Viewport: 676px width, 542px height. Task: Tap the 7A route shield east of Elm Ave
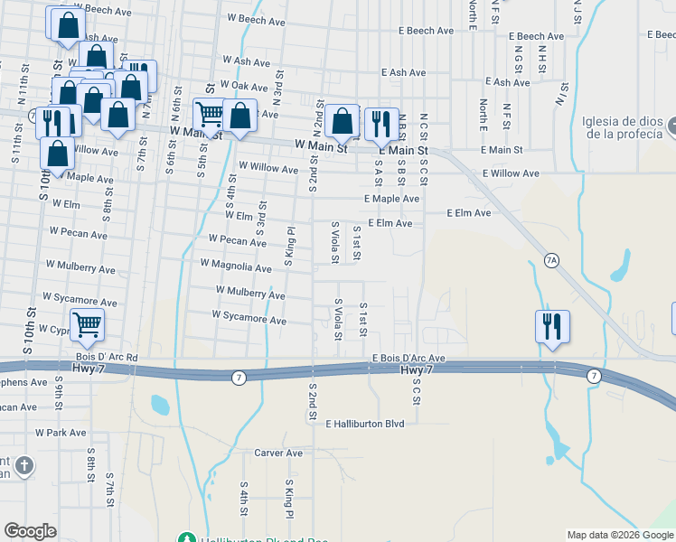pos(552,260)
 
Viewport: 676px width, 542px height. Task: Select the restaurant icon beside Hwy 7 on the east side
pos(552,326)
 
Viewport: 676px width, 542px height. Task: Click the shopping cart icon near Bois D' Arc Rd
pos(87,324)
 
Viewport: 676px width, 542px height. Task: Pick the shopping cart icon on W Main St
pos(209,115)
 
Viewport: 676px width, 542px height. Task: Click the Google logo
pos(31,531)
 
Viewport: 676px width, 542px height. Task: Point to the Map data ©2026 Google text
pos(620,535)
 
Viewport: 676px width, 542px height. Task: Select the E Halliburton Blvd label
pos(364,423)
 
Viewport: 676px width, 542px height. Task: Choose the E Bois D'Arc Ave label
pos(409,358)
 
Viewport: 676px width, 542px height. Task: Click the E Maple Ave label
pos(391,199)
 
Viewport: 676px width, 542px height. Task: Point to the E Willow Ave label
pos(511,173)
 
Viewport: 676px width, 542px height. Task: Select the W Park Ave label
pos(61,433)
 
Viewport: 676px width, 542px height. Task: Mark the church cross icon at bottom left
pos(24,466)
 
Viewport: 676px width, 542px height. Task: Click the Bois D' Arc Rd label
pos(107,358)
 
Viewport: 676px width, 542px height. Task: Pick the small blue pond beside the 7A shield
pos(619,264)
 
